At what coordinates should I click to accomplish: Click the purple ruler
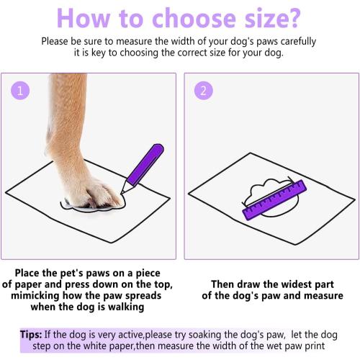(x=275, y=200)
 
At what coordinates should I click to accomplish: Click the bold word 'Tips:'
(x=35, y=335)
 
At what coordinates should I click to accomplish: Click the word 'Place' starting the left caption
(x=32, y=274)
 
